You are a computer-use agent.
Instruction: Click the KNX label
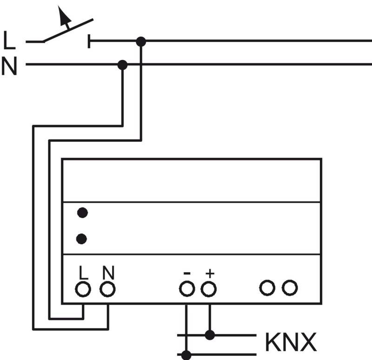point(291,343)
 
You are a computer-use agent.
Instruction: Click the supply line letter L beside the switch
point(9,41)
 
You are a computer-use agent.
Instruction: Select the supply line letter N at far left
point(9,67)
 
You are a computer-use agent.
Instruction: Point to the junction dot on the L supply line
point(141,42)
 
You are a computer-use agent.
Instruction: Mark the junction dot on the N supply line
point(122,65)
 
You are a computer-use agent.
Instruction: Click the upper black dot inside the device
point(82,213)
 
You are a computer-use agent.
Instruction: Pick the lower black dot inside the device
point(82,239)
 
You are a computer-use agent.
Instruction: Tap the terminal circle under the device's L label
point(83,289)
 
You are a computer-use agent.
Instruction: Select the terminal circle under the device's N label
point(108,289)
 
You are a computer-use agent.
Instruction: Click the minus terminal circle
point(186,289)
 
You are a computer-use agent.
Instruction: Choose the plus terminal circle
point(209,289)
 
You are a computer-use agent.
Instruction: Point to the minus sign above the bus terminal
point(186,273)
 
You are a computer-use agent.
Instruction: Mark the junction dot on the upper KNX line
point(210,334)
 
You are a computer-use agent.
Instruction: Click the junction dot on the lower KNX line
point(186,355)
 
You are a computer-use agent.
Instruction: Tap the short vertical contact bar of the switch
point(89,42)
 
